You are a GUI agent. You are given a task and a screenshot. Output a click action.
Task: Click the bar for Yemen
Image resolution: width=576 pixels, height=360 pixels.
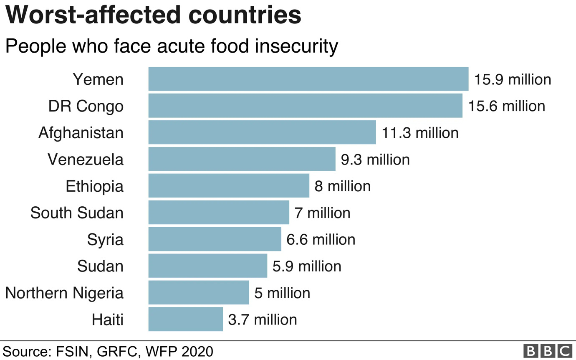tap(308, 79)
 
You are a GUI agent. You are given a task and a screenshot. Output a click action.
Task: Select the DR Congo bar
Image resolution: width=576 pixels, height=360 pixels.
tap(305, 106)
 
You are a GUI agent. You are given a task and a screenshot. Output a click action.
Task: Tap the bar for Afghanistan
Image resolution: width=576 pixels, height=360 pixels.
tap(262, 132)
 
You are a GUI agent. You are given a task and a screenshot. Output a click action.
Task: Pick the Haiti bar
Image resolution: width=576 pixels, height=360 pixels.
tap(185, 319)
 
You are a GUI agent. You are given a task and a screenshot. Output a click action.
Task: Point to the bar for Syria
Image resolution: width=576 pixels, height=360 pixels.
tap(215, 239)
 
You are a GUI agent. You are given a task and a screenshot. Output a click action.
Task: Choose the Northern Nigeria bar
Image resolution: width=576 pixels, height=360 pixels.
tap(199, 293)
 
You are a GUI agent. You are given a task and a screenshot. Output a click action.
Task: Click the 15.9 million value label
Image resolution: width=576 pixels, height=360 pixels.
tap(513, 79)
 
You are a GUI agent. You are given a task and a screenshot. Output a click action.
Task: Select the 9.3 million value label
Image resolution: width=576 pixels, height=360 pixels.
tap(375, 159)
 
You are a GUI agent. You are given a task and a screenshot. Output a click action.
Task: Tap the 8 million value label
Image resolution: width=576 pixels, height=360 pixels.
tap(342, 186)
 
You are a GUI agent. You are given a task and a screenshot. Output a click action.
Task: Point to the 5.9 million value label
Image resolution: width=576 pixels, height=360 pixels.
tap(307, 266)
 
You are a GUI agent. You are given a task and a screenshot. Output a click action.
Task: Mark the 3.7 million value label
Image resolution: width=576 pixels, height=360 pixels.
tap(263, 319)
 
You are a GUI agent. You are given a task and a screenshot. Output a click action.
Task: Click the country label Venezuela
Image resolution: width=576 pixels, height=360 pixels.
tap(86, 159)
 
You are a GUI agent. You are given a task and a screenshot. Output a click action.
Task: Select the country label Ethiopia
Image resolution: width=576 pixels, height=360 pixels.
tap(95, 186)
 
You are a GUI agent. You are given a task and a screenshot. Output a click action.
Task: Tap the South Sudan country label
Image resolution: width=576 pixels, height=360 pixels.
tap(77, 213)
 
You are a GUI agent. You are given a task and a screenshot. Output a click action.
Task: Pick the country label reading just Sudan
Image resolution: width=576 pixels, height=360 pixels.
tap(101, 266)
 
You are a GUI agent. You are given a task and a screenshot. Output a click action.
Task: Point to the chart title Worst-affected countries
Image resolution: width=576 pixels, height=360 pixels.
tap(153, 16)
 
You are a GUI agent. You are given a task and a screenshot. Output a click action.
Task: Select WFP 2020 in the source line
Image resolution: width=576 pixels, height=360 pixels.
tap(179, 351)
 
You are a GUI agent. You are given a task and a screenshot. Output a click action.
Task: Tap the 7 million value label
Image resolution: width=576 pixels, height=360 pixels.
tap(322, 213)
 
